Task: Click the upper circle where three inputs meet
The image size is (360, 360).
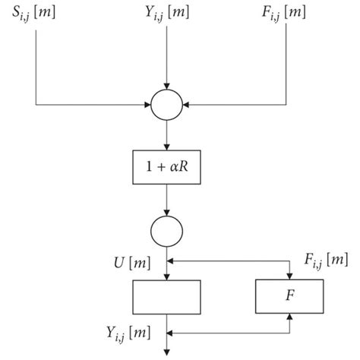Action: [166, 105]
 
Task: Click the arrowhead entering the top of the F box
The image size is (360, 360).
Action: [289, 276]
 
